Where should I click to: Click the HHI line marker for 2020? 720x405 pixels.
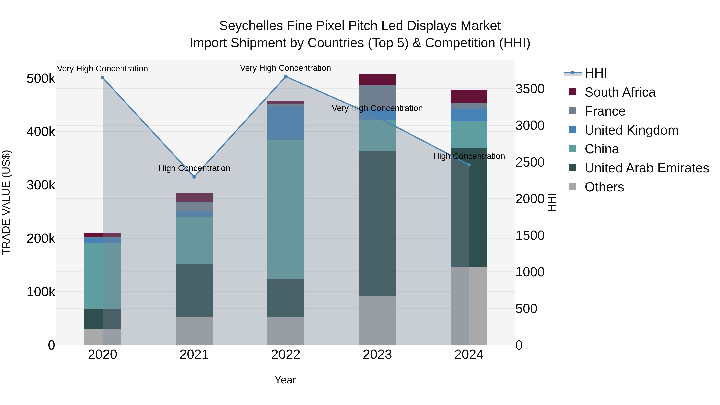click(x=103, y=78)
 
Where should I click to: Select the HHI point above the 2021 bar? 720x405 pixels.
click(x=194, y=177)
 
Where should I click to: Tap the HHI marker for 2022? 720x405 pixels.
click(x=286, y=76)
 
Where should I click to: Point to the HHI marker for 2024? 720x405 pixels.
click(x=469, y=165)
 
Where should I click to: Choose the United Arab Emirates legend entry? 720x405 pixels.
click(x=646, y=168)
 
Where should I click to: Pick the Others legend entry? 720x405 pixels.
click(x=604, y=187)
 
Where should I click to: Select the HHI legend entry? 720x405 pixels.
click(x=595, y=73)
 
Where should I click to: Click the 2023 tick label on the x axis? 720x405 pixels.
click(x=377, y=355)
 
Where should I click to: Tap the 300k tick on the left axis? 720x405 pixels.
click(x=41, y=185)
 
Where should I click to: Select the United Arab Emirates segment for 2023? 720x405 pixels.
click(x=377, y=224)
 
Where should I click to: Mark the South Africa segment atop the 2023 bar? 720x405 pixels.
click(x=377, y=79)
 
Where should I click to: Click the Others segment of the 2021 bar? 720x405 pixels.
click(x=194, y=331)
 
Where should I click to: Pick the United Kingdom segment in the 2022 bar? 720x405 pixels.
click(x=286, y=123)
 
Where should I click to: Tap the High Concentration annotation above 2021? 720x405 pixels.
click(x=194, y=168)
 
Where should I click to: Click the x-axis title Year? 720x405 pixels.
click(x=285, y=380)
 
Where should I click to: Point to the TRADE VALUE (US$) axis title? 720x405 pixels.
click(x=6, y=202)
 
